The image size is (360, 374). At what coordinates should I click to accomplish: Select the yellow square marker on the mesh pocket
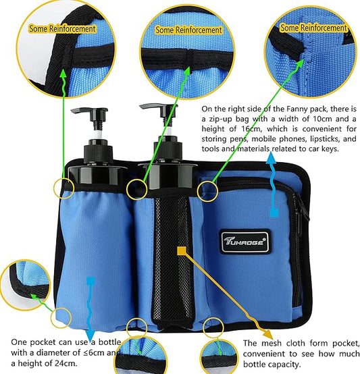pos(181,250)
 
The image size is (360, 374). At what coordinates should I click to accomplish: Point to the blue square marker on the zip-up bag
pos(274,213)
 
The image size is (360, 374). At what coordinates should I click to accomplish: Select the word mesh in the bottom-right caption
pos(269,343)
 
